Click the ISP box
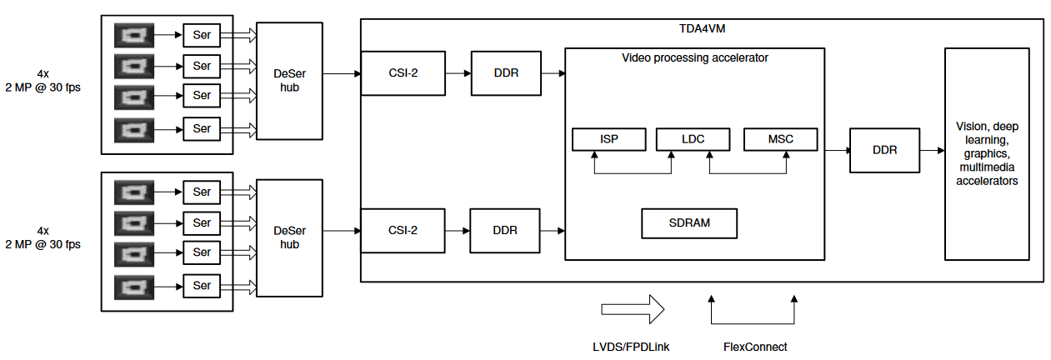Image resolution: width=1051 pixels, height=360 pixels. [x=608, y=139]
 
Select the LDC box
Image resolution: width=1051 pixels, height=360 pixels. [x=693, y=139]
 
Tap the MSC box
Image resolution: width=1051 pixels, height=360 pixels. [x=780, y=139]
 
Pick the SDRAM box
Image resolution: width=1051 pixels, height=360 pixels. [x=689, y=222]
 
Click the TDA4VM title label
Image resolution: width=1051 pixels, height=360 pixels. [x=703, y=28]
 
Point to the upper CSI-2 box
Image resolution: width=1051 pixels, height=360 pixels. [x=403, y=73]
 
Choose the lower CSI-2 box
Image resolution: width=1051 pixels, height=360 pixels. [x=403, y=230]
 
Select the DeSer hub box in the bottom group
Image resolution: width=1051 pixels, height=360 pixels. [x=289, y=238]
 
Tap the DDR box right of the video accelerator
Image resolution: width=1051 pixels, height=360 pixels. [x=884, y=151]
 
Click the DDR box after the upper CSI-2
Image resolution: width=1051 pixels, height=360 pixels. [x=506, y=73]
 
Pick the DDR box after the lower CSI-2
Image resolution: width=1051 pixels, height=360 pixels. [x=505, y=230]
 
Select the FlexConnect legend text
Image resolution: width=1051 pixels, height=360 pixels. [x=755, y=347]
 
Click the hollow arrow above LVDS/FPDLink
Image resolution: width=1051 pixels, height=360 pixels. [x=633, y=309]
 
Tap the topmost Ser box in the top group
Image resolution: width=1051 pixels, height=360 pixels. [x=202, y=35]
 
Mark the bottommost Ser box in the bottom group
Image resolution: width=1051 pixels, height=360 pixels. [x=202, y=286]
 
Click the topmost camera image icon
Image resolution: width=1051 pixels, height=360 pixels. [x=133, y=35]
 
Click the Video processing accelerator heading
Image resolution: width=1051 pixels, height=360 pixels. [x=694, y=58]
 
